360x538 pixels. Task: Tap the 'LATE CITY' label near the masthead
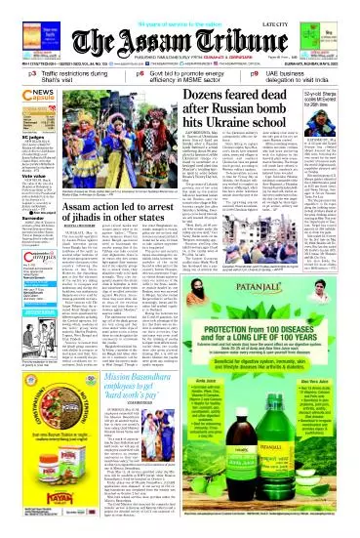[330, 11]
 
